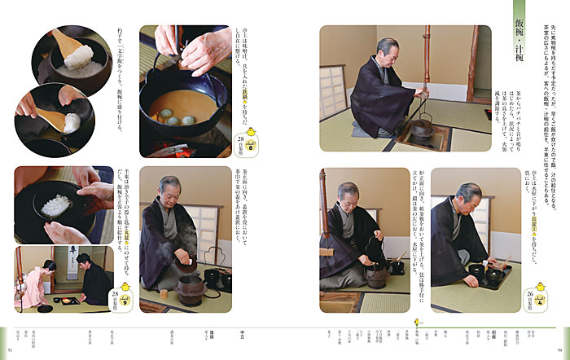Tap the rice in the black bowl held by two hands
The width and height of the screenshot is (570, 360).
59,203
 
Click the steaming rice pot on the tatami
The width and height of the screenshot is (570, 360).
187,285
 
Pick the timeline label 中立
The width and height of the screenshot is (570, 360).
242,331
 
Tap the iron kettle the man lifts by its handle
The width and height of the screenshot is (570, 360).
377,273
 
